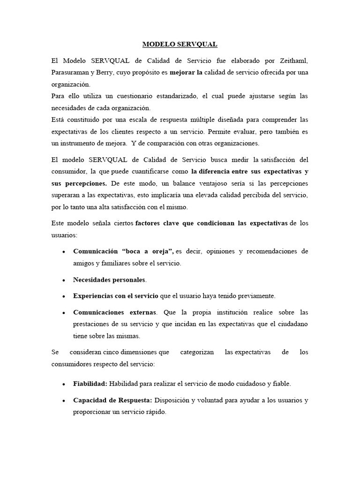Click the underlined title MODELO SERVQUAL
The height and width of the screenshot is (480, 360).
180,45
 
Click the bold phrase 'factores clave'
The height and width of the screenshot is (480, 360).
159,223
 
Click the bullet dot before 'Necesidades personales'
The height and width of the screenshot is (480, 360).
63,280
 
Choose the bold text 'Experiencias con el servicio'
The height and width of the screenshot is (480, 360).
116,296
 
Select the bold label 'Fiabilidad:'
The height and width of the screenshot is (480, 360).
90,383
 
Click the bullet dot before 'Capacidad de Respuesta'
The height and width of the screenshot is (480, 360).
63,401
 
